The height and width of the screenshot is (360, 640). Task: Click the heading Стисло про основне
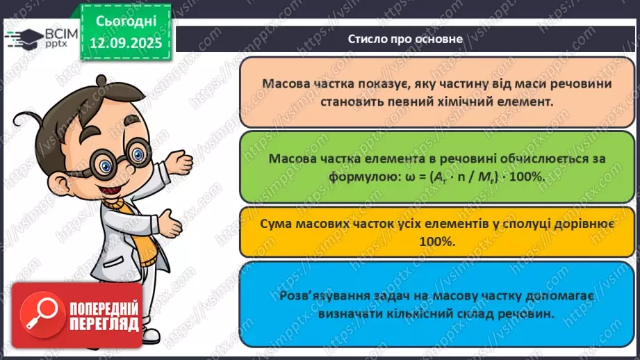[x=406, y=39]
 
